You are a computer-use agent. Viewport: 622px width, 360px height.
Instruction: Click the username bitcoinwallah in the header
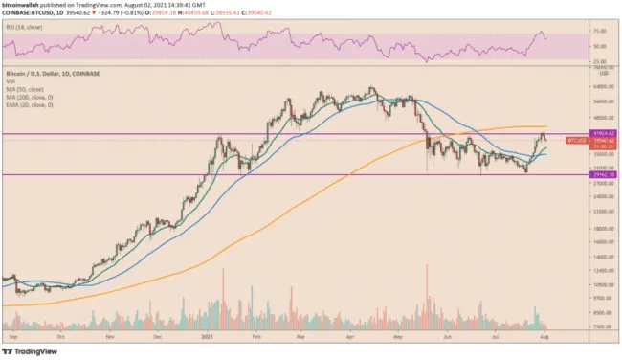click(x=24, y=7)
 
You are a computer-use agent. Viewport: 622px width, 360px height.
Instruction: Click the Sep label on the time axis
click(x=11, y=337)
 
